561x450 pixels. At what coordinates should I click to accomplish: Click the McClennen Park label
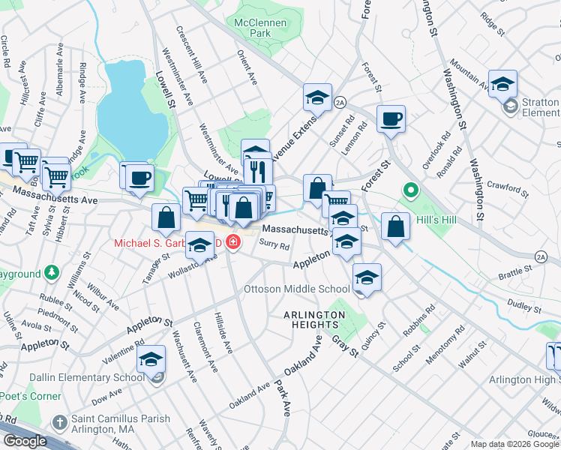(x=261, y=28)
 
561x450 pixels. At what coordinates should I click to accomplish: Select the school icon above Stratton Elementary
(x=502, y=82)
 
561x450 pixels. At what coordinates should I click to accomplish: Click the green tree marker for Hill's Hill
(x=410, y=192)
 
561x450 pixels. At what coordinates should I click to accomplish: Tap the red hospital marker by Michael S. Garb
(x=233, y=244)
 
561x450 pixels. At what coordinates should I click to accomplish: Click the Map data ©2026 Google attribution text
(x=515, y=444)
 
